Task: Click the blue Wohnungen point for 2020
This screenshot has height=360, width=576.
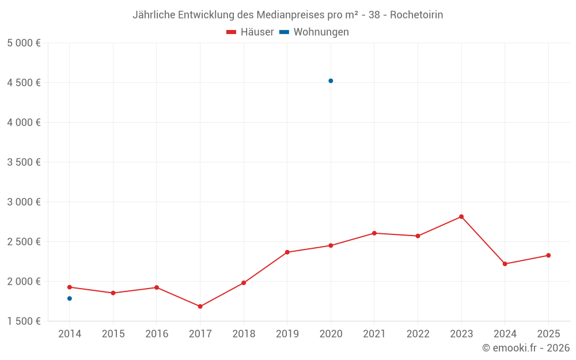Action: coord(331,81)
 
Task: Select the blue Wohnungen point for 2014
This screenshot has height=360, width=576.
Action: coord(70,298)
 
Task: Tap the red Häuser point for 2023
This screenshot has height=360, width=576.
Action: coord(461,217)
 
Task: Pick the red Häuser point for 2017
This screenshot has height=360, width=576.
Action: coord(200,306)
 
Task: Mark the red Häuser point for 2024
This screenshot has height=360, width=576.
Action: coord(505,264)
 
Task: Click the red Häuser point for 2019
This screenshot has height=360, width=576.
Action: coord(287,252)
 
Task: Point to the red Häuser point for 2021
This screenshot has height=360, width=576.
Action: coord(374,233)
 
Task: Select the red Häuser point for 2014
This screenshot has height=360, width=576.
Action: coord(70,287)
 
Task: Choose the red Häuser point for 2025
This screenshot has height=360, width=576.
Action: coord(548,255)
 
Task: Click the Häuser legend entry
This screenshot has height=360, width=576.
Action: coord(250,32)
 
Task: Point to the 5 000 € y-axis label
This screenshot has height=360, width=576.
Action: coord(24,43)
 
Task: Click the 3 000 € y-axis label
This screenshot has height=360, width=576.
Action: coord(24,202)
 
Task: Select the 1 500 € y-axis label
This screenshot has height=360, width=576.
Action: coord(24,321)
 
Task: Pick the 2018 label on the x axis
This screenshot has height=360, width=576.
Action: coord(244,334)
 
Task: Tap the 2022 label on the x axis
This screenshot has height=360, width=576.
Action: coord(418,334)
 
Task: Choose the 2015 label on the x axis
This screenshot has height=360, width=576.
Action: coord(113,334)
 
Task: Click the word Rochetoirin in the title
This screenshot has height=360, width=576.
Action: coord(416,15)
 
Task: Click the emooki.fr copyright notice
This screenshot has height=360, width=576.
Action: coord(526,348)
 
